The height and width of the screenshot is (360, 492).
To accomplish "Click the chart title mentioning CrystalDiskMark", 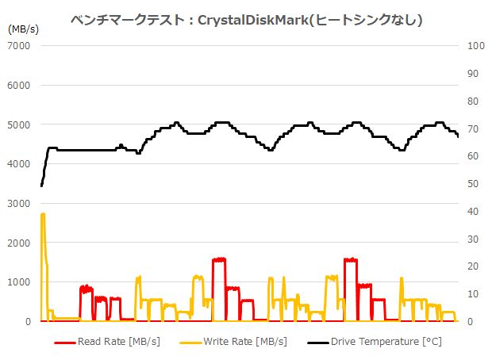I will tap(246, 20).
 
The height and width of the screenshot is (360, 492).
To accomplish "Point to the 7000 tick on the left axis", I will tap(18, 46).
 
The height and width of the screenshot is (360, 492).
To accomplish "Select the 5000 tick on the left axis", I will tap(18, 124).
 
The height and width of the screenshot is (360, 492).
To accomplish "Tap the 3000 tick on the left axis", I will tap(18, 204).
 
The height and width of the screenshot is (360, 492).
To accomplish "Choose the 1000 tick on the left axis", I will tap(18, 282).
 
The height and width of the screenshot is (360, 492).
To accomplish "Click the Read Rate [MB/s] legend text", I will tap(118, 343).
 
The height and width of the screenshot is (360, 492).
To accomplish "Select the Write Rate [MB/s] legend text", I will tap(248, 343).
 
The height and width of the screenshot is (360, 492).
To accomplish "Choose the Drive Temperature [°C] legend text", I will tap(386, 343).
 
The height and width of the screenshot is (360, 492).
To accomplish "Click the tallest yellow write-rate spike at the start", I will tap(43, 214).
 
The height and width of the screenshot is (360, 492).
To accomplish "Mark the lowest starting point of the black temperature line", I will tap(41, 186).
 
